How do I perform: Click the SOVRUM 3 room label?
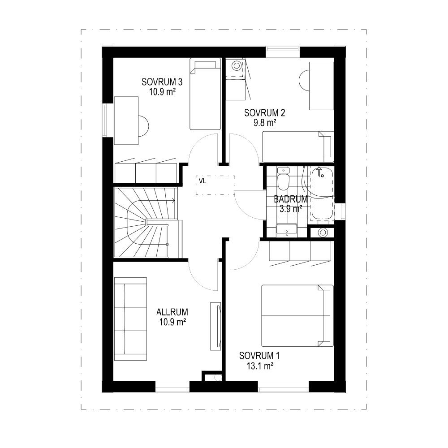[162, 82]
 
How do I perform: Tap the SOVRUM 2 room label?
[265, 113]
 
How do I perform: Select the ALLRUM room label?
[172, 312]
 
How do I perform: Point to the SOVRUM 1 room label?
[259, 356]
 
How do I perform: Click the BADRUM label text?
[291, 199]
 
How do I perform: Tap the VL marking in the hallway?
[202, 181]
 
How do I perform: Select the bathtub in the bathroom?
[322, 194]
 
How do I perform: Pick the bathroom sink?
[287, 230]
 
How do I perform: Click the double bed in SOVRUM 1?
[297, 315]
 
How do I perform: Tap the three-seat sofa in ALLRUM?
[130, 319]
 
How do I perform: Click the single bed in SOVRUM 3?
[205, 94]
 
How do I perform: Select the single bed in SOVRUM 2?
[298, 146]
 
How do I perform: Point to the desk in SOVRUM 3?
[126, 120]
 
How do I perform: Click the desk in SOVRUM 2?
[321, 86]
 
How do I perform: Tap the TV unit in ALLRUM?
[215, 326]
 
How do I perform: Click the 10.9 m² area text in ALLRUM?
[172, 322]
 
